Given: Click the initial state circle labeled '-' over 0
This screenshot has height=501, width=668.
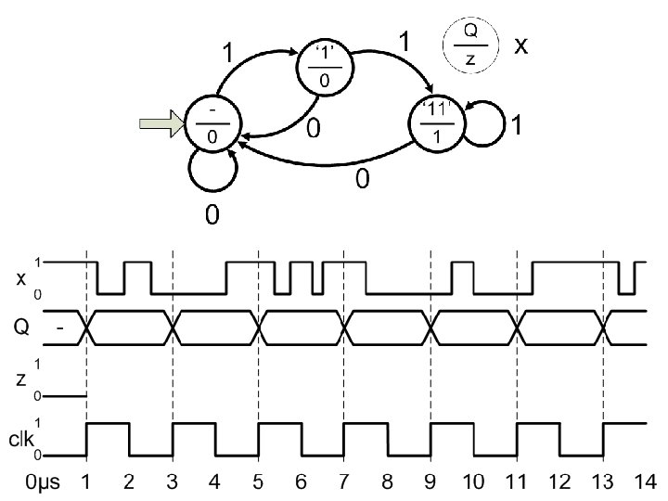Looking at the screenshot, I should [213, 123].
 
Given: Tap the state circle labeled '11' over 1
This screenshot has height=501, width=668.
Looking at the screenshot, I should [435, 123].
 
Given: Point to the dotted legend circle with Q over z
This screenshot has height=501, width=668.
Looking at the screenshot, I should [470, 44].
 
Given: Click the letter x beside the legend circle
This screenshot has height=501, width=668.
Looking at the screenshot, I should [521, 45].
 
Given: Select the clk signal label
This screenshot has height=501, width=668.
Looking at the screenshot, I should [20, 441].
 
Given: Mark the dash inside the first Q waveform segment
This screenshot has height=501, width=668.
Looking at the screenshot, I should [59, 328].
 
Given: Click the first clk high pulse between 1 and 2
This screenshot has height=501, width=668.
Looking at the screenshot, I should [107, 425].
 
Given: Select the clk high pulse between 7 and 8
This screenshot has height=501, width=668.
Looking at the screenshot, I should [366, 425].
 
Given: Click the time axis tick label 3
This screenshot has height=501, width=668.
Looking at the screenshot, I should [172, 482].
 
